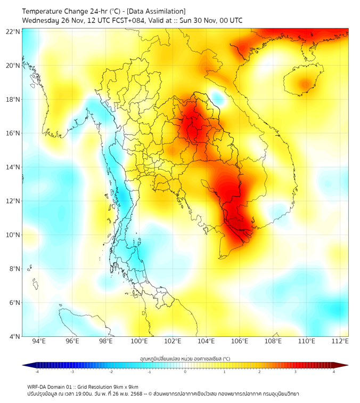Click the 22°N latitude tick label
[x=13, y=32]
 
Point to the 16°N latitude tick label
[x=13, y=133]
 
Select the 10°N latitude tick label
[x=13, y=235]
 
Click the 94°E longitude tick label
[x=39, y=341]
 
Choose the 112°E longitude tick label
[x=340, y=341]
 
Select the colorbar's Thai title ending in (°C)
[x=185, y=359]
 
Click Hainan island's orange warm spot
[x=305, y=84]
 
